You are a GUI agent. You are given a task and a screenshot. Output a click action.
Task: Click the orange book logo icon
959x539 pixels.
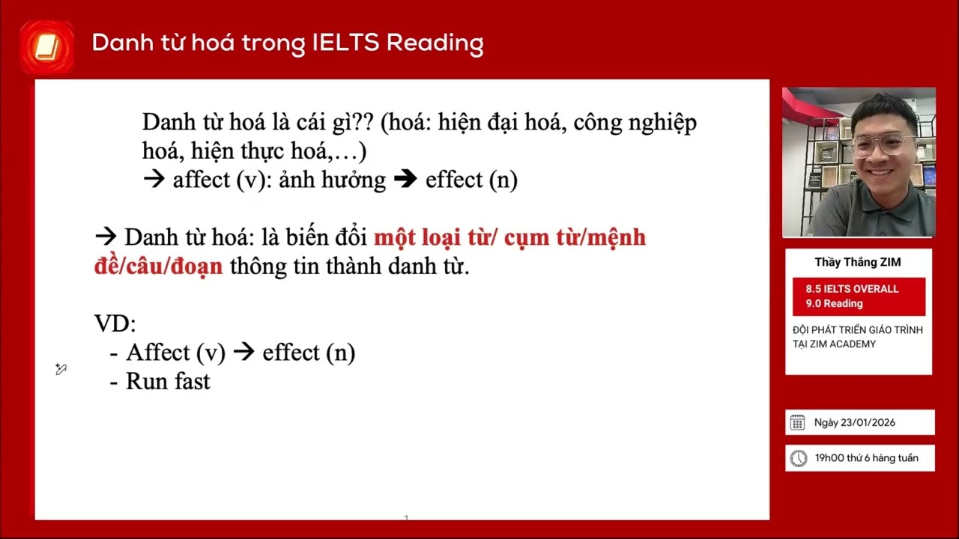(x=46, y=48)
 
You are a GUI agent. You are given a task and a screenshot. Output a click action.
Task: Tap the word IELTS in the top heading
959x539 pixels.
(x=345, y=43)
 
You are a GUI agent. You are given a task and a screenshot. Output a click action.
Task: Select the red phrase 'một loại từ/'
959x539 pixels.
(x=435, y=237)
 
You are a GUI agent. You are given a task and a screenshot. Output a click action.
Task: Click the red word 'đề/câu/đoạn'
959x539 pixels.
(x=158, y=266)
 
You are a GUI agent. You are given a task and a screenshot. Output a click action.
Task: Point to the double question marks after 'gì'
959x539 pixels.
(x=363, y=122)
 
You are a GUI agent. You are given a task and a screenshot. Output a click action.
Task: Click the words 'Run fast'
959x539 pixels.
(x=168, y=381)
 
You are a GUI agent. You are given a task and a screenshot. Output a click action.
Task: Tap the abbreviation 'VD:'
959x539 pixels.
(x=115, y=323)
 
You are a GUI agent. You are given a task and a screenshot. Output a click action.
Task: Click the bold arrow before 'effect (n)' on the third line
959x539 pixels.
(x=405, y=180)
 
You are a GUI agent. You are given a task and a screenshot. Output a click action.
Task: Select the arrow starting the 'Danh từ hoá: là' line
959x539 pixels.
(x=106, y=237)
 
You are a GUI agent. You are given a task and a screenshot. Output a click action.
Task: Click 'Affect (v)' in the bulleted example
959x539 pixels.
(x=175, y=353)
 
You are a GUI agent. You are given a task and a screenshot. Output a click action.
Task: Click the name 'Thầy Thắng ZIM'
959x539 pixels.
(x=858, y=262)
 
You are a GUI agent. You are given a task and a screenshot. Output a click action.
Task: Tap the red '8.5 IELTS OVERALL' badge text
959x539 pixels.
(x=852, y=289)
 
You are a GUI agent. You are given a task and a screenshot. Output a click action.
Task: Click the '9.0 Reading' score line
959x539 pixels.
(x=834, y=303)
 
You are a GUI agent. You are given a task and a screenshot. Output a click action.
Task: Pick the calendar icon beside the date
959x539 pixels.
(x=797, y=422)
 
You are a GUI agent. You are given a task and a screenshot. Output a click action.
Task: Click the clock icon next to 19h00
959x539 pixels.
(x=799, y=458)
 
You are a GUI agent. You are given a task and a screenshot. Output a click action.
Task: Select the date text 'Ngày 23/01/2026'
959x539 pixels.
(x=855, y=422)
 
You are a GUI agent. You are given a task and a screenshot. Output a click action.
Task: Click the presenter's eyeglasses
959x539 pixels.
(x=883, y=144)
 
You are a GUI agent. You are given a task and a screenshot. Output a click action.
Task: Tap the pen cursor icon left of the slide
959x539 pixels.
(x=61, y=369)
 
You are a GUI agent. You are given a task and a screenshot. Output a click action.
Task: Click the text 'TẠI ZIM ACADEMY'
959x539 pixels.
(x=834, y=344)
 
